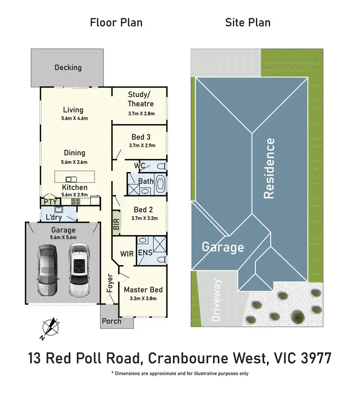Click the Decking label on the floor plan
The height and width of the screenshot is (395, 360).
click(x=68, y=67)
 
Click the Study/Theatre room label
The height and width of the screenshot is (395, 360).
click(x=141, y=99)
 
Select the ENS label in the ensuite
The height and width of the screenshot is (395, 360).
click(x=145, y=253)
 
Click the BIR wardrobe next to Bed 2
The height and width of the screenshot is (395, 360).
click(x=116, y=223)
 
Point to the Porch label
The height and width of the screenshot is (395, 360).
click(x=117, y=322)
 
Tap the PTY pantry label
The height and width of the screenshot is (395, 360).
click(x=50, y=202)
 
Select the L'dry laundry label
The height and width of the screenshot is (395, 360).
click(x=54, y=217)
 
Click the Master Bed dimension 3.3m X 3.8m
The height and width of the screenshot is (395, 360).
click(x=143, y=298)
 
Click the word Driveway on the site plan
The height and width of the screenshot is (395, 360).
click(x=217, y=300)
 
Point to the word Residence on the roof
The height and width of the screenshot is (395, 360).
click(x=270, y=168)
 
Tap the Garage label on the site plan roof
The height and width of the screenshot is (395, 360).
click(x=223, y=247)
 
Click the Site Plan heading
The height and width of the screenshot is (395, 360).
click(x=248, y=22)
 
